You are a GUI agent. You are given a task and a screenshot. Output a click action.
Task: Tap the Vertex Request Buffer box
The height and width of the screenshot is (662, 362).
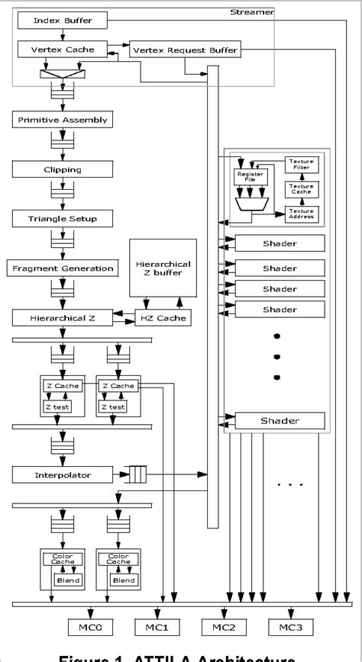pos(185,50)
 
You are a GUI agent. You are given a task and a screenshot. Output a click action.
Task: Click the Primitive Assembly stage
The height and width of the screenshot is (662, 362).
pos(62,120)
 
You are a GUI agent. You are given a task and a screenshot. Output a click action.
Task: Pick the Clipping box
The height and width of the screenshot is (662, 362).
pos(62,169)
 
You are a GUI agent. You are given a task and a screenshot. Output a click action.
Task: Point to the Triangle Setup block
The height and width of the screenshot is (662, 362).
pos(62,219)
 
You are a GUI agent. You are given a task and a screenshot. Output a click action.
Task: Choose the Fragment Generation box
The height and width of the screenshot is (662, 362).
pos(62,268)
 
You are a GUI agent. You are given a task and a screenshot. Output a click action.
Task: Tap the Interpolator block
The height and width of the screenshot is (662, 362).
pos(62,474)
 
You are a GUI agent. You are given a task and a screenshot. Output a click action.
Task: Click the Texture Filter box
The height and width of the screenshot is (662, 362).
pos(301,165)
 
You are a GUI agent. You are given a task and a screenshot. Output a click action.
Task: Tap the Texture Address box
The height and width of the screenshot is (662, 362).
pos(301,214)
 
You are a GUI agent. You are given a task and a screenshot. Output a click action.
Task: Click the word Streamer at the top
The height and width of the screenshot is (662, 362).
pos(246,12)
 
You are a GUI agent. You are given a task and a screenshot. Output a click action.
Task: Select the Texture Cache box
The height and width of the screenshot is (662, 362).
pos(301,189)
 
